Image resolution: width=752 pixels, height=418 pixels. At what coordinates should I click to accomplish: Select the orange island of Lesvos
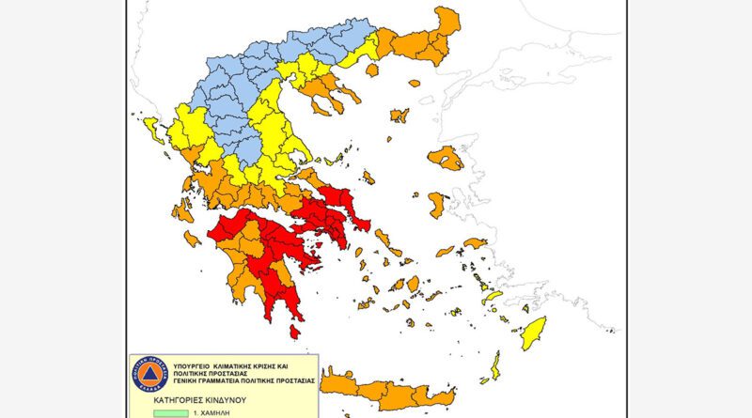point(446,159)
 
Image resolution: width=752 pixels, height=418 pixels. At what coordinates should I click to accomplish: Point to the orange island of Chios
point(437,204)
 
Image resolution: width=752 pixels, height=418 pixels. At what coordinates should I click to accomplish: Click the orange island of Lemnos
point(399,116)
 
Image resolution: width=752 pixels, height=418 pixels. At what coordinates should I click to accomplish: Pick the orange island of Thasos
point(371,70)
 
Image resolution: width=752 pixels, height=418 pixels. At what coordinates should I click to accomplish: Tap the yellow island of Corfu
point(150,128)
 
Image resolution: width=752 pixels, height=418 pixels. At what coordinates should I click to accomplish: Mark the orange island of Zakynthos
point(193,239)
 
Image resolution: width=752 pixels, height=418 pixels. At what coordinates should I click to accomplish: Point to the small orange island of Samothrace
point(414,83)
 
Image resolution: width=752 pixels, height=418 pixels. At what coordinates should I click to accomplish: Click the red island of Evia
point(334,201)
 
